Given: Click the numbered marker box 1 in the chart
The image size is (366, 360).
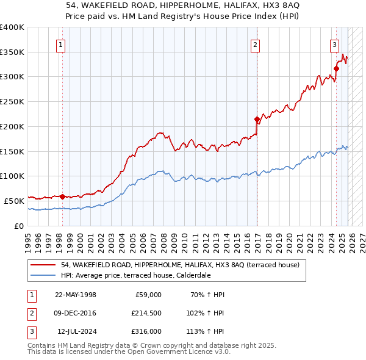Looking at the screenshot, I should coord(62,44).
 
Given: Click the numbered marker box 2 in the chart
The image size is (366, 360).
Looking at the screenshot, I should coord(254,44).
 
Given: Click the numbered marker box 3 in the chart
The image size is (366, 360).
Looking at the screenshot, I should coord(334,44).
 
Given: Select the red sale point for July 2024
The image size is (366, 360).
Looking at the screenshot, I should coord(336,68).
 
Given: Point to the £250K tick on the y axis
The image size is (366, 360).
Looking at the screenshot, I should coord(12,101).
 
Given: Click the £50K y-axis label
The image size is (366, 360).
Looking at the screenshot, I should coord(13,200).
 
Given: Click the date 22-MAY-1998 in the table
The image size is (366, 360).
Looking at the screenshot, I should coord(76,295).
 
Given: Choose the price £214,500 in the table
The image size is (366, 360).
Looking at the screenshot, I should coord(146,313).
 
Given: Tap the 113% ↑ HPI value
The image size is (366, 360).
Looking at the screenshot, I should coord(206,331).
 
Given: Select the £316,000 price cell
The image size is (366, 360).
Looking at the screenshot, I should coord(146,331).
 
